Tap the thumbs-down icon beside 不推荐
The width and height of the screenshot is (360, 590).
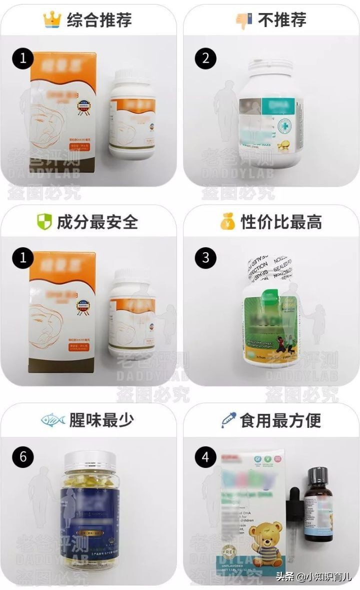(244, 20)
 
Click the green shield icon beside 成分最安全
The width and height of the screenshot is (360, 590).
(44, 222)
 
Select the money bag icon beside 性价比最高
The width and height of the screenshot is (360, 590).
(227, 222)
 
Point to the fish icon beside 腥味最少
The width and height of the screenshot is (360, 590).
(53, 419)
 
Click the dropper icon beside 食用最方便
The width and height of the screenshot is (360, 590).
(228, 419)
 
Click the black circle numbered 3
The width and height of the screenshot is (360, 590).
(205, 259)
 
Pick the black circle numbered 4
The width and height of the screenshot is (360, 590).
(205, 457)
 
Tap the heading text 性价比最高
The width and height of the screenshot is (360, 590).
(281, 222)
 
